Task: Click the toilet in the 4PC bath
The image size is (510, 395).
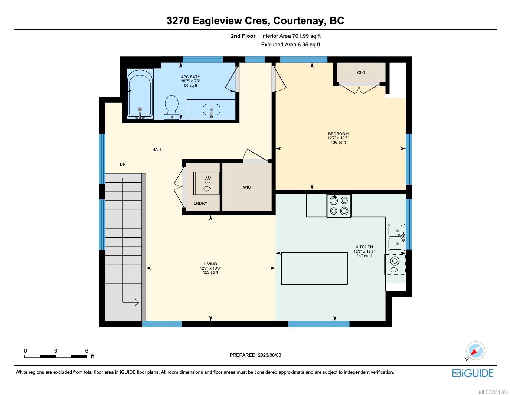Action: coord(171,107)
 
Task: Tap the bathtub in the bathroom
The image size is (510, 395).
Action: coord(140,94)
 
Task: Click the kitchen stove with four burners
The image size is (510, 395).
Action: coord(339,206)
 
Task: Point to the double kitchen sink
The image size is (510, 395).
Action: coord(396,237)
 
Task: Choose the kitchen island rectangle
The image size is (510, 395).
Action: coord(314,268)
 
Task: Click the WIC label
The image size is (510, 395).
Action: coord(247,187)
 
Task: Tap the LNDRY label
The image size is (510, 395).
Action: coord(200,203)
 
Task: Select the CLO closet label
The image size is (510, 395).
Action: coord(361,72)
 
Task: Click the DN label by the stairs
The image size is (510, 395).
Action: coord(123,164)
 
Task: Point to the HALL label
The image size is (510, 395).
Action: coord(157,150)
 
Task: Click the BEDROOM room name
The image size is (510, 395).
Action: coord(338,134)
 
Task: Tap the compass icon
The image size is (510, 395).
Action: coord(475,351)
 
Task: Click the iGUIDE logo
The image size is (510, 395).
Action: coord(473,373)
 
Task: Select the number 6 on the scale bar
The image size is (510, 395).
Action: coord(86,351)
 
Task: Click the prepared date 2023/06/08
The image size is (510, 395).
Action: coord(269,355)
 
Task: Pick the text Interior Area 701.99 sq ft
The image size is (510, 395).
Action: coord(291,36)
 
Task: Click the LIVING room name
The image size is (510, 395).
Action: coord(210,264)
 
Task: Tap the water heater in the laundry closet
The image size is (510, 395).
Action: coord(206,183)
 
